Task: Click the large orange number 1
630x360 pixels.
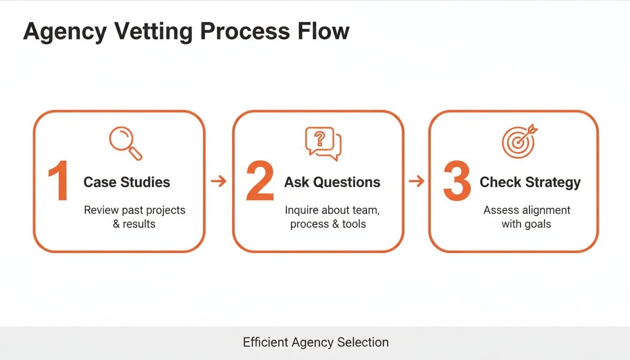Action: click(x=59, y=181)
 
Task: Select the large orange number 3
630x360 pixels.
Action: click(x=457, y=181)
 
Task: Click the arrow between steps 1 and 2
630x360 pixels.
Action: click(x=218, y=181)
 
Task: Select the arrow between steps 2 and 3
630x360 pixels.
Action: click(x=416, y=181)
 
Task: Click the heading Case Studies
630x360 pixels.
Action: click(x=127, y=182)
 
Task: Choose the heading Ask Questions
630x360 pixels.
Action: click(x=332, y=182)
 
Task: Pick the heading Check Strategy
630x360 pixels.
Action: click(x=530, y=182)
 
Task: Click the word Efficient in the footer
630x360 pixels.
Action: click(x=265, y=343)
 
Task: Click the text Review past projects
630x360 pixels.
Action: click(x=135, y=210)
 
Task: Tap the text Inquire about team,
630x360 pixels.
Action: click(x=332, y=210)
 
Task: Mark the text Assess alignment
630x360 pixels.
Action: click(x=527, y=210)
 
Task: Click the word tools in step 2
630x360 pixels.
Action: click(x=354, y=224)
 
